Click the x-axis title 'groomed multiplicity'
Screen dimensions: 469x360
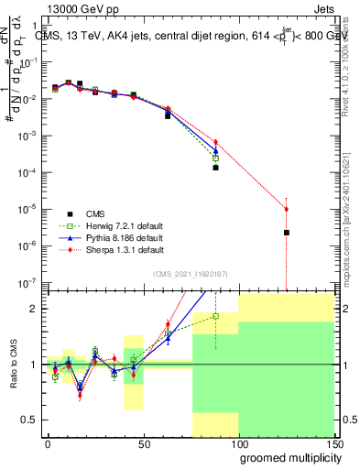tap(286, 456)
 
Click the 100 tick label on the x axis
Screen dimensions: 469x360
tap(238, 443)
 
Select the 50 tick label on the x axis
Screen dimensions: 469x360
tap(143, 443)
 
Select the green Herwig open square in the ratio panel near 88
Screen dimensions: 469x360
tap(215, 316)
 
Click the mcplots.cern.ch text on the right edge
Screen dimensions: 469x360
tap(352, 247)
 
